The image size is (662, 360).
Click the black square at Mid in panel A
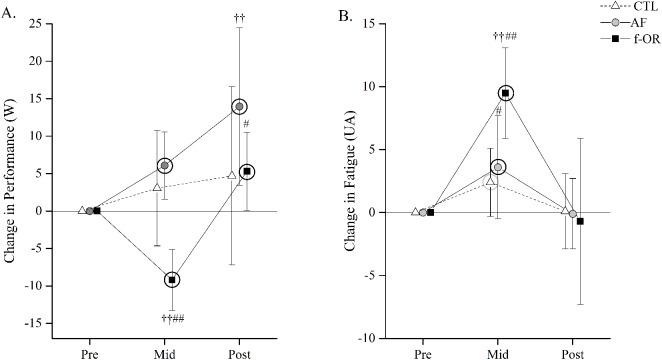(172, 280)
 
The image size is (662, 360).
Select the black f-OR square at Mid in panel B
(506, 93)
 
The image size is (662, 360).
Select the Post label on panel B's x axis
(573, 354)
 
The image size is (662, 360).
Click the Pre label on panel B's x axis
(423, 354)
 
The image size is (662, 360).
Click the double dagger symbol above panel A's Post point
(240, 18)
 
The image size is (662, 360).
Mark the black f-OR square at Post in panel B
(580, 220)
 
